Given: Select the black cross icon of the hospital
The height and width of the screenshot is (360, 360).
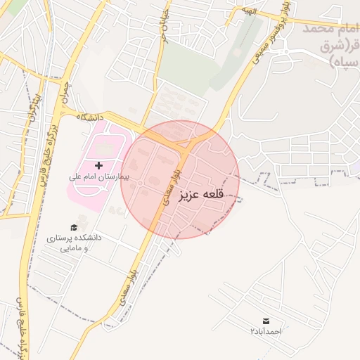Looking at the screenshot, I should (x=98, y=165).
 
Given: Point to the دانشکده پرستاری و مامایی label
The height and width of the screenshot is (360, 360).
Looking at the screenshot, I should (x=74, y=243).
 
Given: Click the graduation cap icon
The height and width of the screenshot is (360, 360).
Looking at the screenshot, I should (x=74, y=227).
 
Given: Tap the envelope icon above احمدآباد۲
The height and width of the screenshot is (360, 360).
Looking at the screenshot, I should (x=266, y=321).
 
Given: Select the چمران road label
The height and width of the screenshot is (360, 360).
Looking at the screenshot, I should (x=65, y=90).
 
